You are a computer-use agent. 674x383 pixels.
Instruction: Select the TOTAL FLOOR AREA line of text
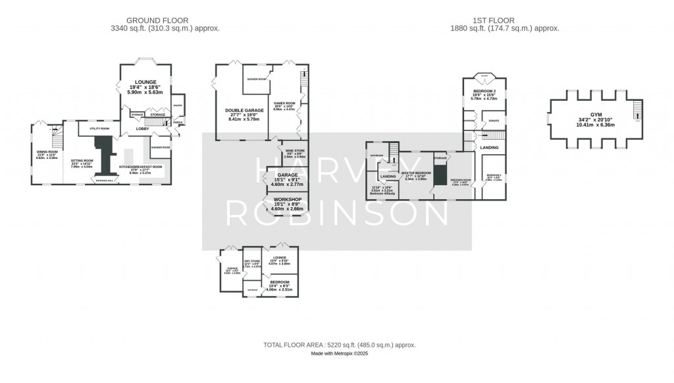(x=340, y=345)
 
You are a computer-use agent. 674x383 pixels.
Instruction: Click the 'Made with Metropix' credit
(x=340, y=354)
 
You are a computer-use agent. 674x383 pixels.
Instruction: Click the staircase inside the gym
(x=636, y=111)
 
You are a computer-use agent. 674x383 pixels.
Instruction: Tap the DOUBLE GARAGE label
(x=244, y=110)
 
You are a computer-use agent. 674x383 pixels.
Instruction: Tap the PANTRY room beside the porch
(x=177, y=105)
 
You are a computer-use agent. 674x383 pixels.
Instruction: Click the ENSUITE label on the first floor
(x=494, y=121)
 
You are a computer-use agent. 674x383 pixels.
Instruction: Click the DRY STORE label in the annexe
(x=252, y=262)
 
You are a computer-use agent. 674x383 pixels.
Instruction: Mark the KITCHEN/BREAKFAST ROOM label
(x=140, y=167)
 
